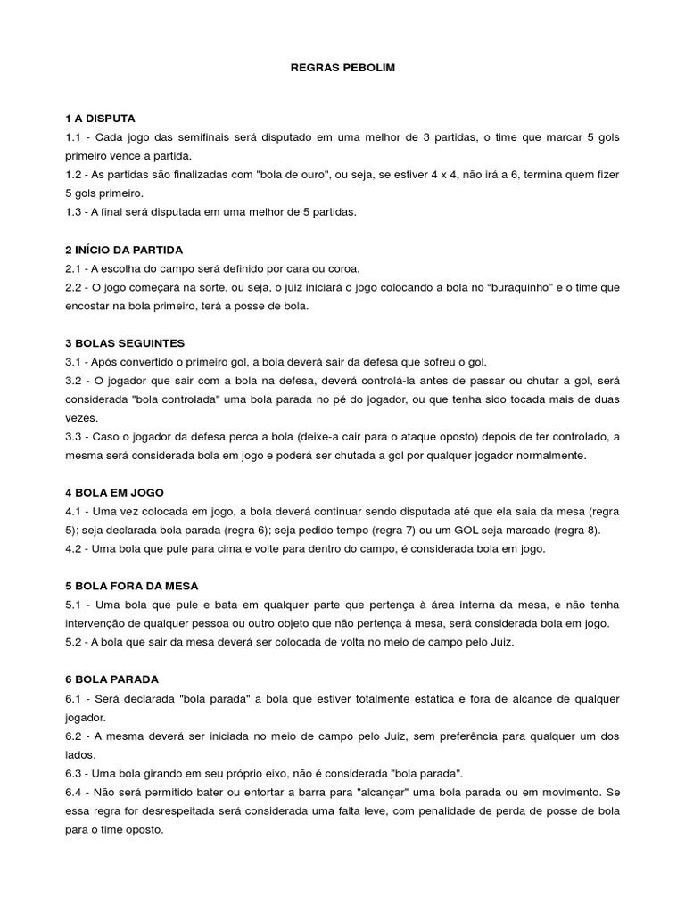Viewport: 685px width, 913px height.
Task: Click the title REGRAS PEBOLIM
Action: tap(342, 68)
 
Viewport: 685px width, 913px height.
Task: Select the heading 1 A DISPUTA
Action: tap(100, 119)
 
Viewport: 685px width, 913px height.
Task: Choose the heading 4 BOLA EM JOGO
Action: tap(114, 492)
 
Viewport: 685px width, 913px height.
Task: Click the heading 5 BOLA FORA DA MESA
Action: tap(131, 586)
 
